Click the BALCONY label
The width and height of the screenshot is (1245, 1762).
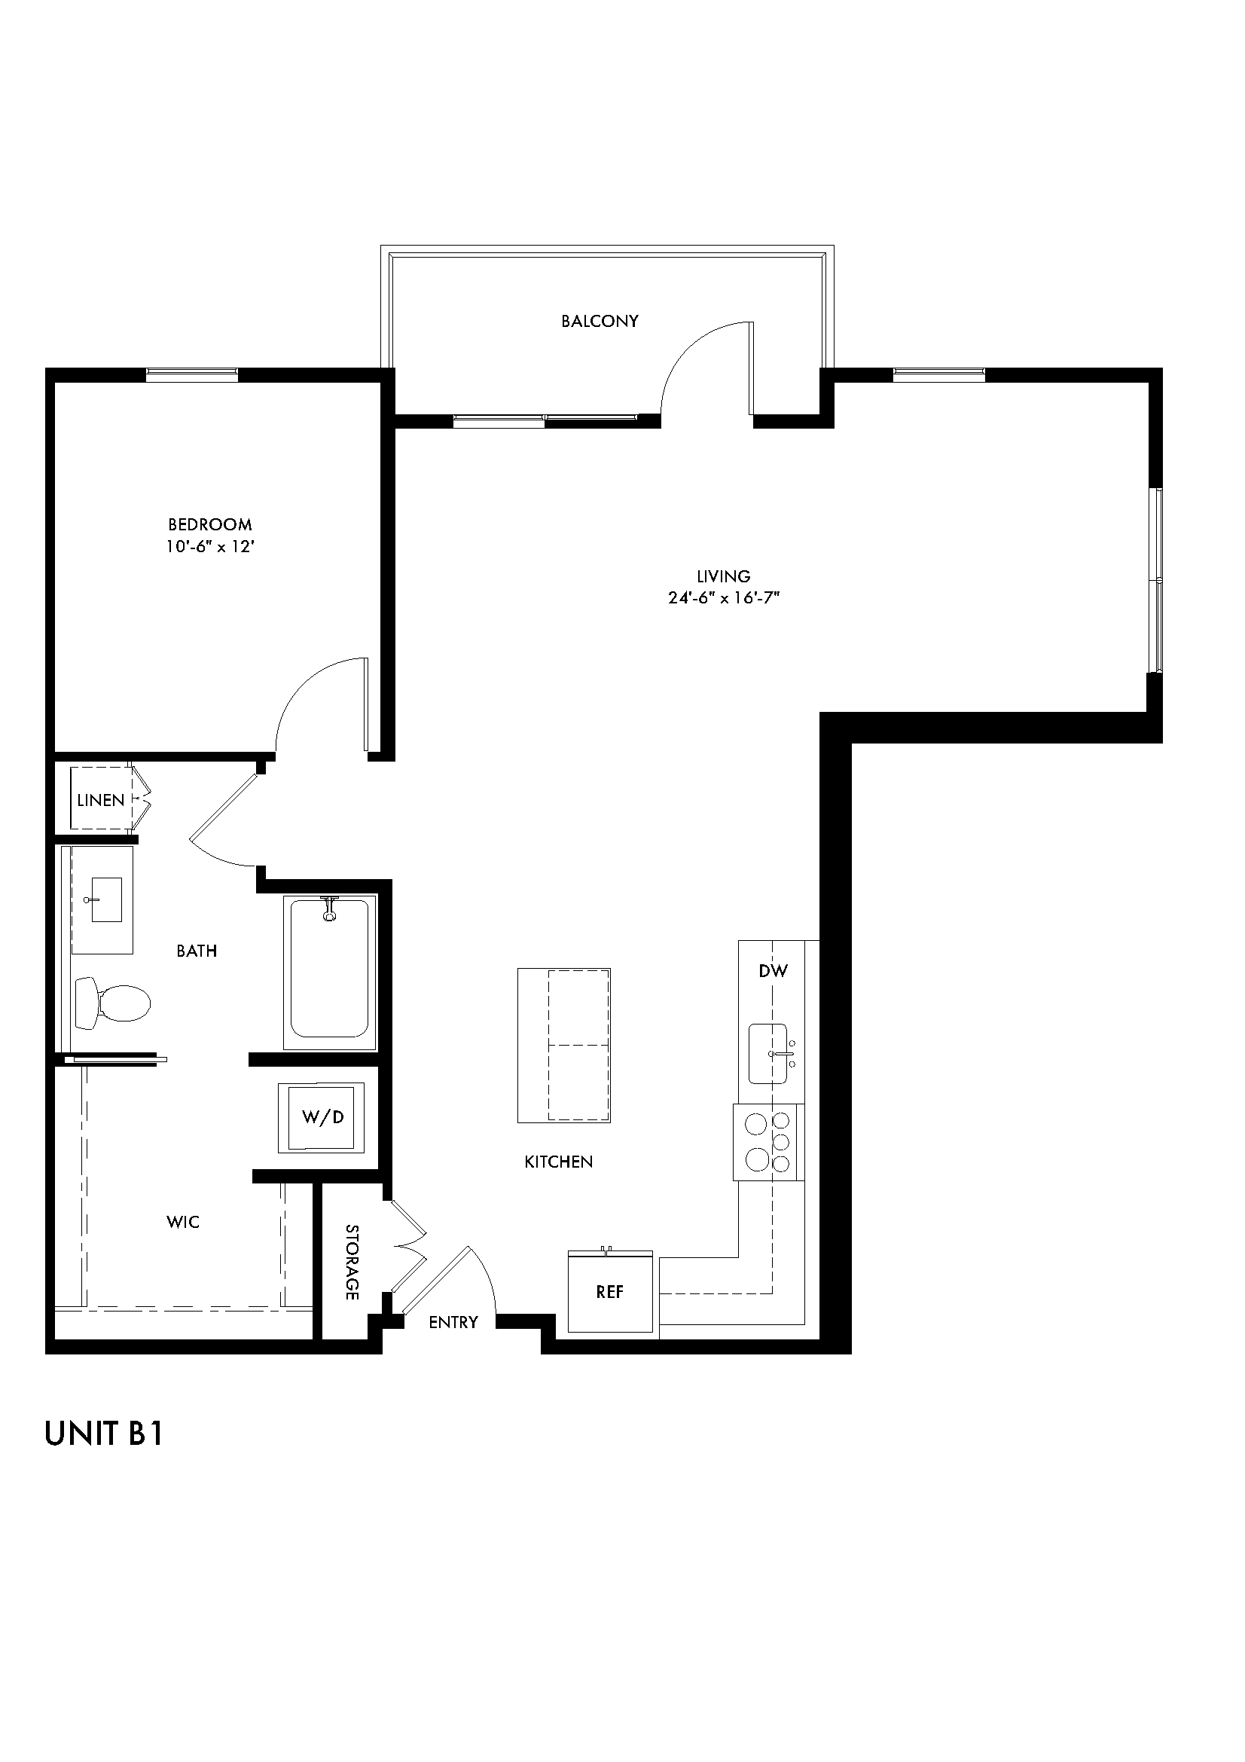click(599, 321)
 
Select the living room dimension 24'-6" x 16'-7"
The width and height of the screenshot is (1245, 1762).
click(723, 598)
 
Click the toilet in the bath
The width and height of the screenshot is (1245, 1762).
click(113, 1002)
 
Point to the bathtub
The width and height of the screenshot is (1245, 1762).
click(329, 971)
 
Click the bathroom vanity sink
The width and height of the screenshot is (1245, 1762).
click(107, 902)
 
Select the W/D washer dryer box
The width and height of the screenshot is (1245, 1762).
click(322, 1116)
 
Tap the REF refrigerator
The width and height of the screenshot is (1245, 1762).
click(610, 1292)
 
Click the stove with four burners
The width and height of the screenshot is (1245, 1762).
click(768, 1142)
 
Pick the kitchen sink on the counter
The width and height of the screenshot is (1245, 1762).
click(769, 1054)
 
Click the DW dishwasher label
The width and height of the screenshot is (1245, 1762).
click(773, 971)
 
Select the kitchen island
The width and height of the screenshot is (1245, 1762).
click(564, 1046)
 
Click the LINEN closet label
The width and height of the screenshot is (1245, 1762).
click(100, 801)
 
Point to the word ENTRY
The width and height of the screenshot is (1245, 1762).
click(453, 1321)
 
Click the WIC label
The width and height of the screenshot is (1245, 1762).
click(182, 1222)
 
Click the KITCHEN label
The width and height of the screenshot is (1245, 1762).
click(558, 1162)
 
